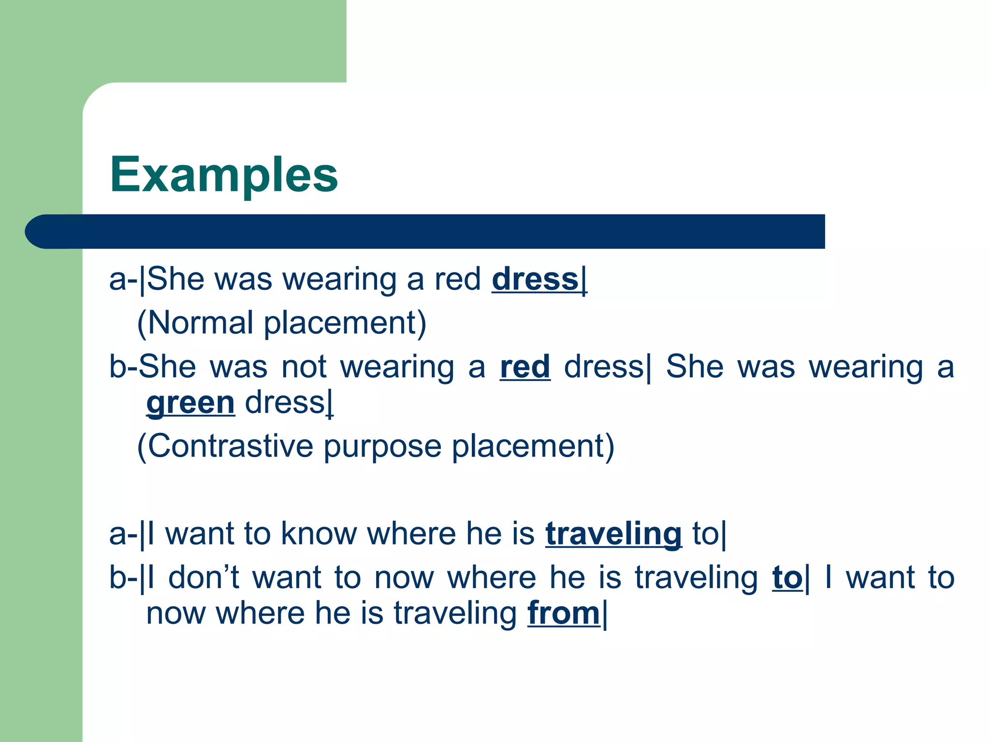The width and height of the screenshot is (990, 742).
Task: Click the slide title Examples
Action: [x=224, y=175]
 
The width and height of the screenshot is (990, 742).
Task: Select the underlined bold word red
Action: [x=525, y=367]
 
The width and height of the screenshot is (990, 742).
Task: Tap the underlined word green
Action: [x=190, y=403]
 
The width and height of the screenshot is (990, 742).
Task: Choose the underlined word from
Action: [x=564, y=613]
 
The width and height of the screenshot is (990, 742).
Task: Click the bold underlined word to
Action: [x=787, y=578]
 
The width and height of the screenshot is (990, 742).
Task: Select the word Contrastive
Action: [x=231, y=445]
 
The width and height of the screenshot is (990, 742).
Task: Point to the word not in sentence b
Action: [x=304, y=367]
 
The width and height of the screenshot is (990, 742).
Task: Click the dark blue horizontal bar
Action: [x=435, y=231]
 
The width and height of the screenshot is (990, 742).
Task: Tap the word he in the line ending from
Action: [x=332, y=613]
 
